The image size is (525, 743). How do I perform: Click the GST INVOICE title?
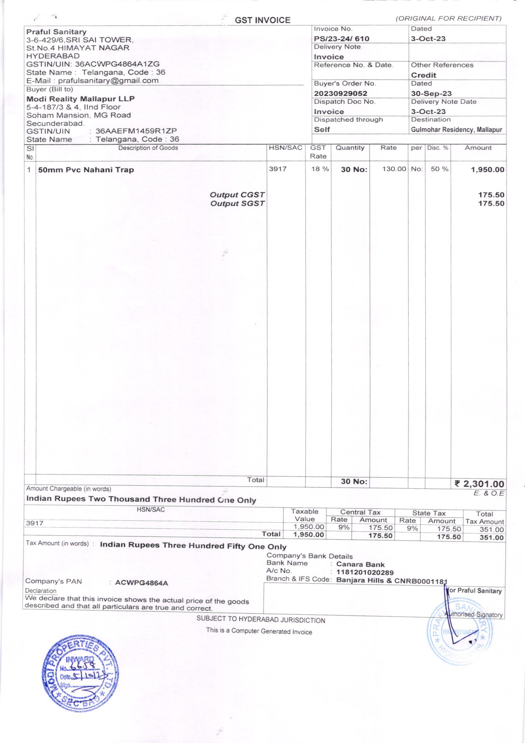[x=262, y=20]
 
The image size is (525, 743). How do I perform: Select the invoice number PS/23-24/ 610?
[x=341, y=39]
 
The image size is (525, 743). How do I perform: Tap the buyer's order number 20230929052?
[x=340, y=93]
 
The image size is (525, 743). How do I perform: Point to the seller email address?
[x=108, y=81]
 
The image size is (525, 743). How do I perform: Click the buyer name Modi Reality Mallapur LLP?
[x=81, y=99]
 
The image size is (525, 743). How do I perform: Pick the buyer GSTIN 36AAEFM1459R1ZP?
[x=136, y=131]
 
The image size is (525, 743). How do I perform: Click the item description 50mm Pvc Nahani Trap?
[x=86, y=170]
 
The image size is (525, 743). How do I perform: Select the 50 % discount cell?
[x=439, y=169]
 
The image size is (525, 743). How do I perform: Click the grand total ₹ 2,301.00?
[x=479, y=484]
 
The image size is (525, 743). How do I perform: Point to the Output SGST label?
[x=237, y=204]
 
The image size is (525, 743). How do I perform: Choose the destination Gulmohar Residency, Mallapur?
[x=456, y=130]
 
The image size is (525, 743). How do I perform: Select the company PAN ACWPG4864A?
[x=142, y=583]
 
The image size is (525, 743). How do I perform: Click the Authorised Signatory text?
[x=474, y=615]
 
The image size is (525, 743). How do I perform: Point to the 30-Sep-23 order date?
[x=431, y=93]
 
